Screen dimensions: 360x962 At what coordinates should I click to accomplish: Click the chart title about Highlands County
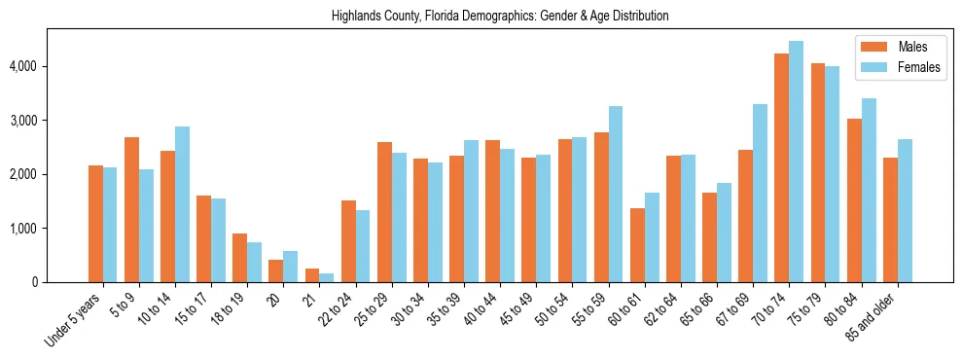tap(500, 17)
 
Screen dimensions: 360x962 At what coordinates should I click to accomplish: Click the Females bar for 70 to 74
tap(796, 162)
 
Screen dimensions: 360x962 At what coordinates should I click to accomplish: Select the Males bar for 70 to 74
tap(781, 167)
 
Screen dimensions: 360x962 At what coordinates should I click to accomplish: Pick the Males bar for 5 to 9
tap(131, 209)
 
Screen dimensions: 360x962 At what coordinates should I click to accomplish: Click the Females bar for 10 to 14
tap(182, 204)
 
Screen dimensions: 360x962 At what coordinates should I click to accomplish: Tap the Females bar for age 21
tap(327, 278)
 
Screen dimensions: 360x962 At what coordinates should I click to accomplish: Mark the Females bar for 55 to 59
tap(616, 195)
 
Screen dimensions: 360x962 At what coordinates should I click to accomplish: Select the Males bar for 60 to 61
tap(637, 245)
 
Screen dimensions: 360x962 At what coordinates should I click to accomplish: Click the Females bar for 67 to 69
tap(760, 193)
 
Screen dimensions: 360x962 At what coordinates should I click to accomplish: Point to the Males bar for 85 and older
tap(890, 220)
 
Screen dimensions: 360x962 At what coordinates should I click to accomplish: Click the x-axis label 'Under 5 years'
tap(73, 320)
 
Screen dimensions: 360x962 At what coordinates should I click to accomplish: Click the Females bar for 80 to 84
tap(869, 191)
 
